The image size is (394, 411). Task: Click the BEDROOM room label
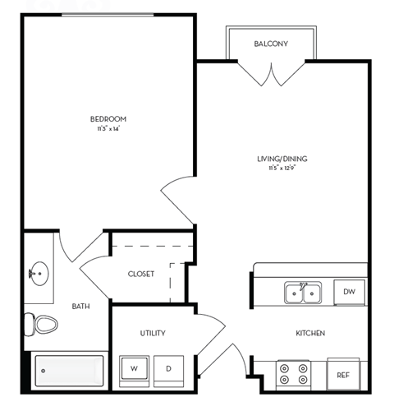[x=108, y=119]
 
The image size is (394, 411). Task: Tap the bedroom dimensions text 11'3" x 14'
[x=108, y=129]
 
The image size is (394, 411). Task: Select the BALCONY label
[x=271, y=44]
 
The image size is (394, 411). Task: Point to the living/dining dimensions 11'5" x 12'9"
[x=281, y=169]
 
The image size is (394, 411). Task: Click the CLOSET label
[x=140, y=274]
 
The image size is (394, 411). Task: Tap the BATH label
[x=80, y=307]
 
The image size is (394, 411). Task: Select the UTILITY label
[x=153, y=333]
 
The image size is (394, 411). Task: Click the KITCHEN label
[x=311, y=333]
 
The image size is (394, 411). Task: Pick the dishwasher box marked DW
[x=349, y=291]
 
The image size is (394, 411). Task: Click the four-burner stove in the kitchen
[x=293, y=374]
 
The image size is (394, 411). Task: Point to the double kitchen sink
[x=302, y=292]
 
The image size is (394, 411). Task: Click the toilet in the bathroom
[x=42, y=325]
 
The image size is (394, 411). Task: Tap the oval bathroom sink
[x=37, y=272]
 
